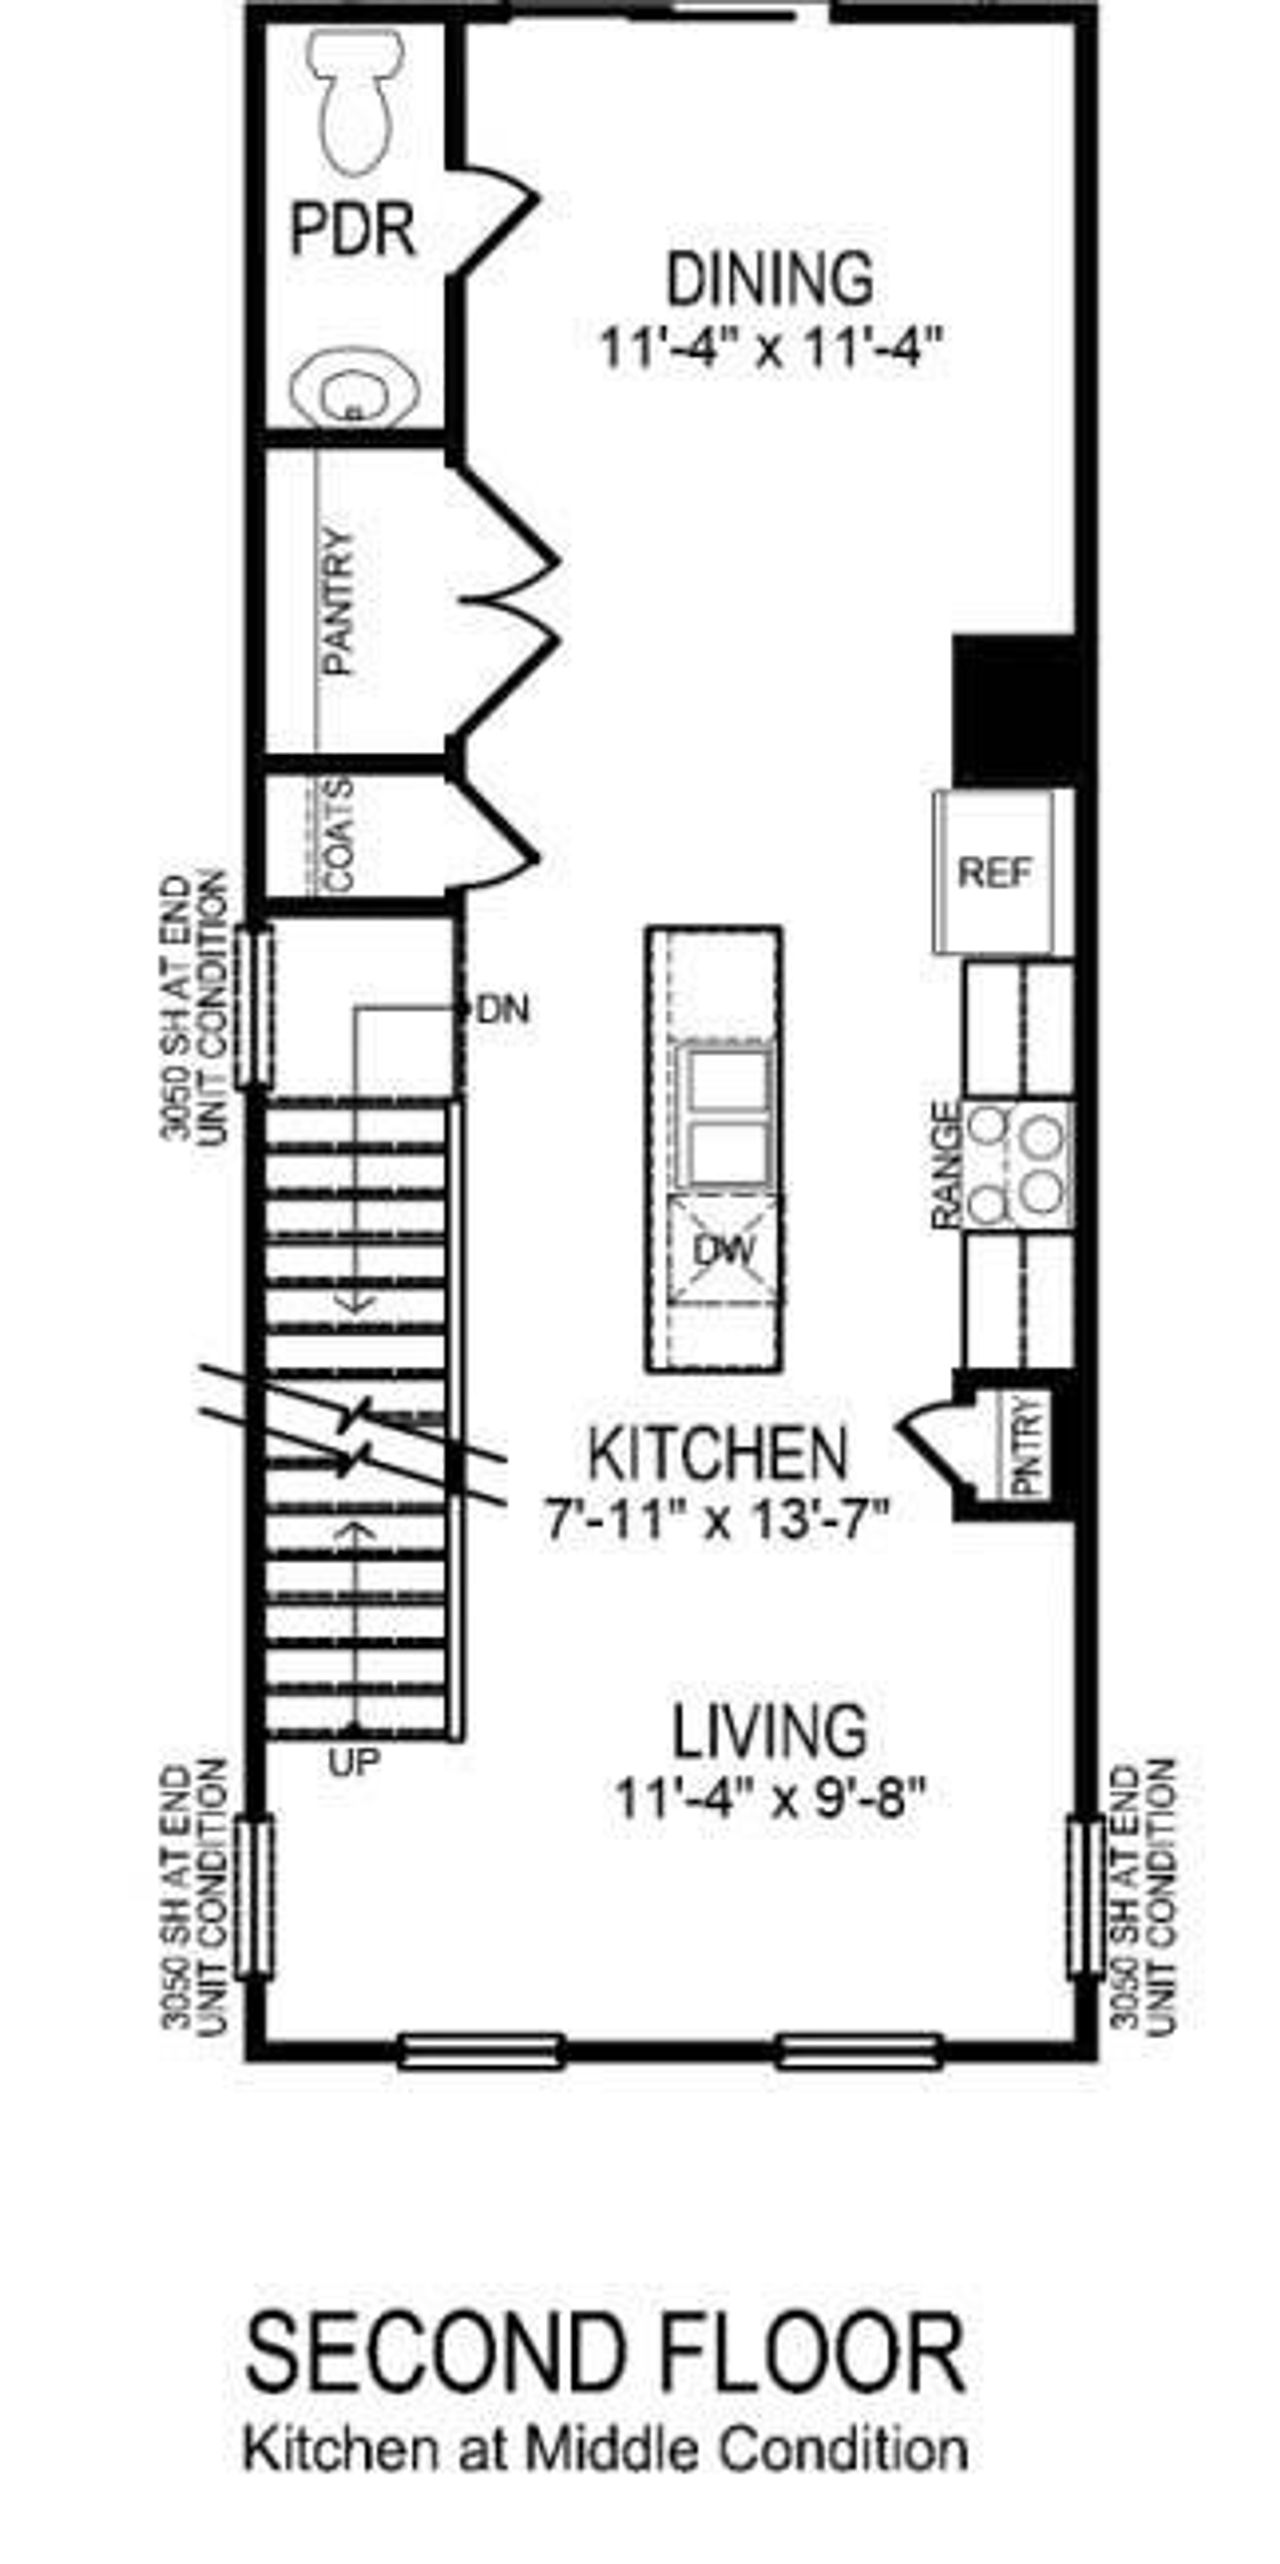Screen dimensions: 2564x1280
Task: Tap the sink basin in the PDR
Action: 354,388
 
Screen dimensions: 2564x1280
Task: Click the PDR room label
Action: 352,231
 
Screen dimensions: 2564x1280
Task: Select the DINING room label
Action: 769,279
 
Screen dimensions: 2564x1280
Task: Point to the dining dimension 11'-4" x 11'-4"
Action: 769,349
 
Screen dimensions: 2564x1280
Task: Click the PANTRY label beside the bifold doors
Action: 341,601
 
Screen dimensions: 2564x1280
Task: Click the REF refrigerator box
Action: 994,872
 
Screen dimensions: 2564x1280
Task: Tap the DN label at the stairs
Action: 504,1010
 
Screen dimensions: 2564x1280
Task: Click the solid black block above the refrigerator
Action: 1015,709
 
